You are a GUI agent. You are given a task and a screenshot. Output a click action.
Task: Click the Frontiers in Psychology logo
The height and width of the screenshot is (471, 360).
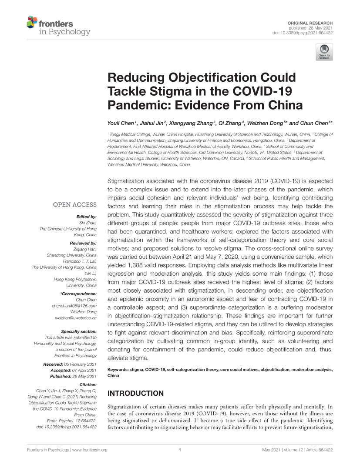[58, 26]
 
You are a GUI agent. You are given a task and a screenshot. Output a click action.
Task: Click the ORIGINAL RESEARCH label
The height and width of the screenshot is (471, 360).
[310, 23]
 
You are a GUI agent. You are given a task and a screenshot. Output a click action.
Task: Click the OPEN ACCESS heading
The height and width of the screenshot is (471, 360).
[75, 204]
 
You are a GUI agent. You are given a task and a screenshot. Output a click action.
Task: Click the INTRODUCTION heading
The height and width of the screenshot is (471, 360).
[135, 393]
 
